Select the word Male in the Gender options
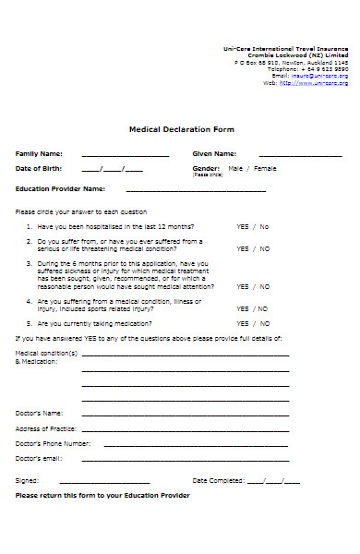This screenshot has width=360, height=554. pyautogui.click(x=235, y=169)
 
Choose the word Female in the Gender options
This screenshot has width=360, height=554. pyautogui.click(x=265, y=169)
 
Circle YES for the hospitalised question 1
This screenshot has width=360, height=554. pyautogui.click(x=243, y=226)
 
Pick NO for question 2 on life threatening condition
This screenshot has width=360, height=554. pyautogui.click(x=265, y=248)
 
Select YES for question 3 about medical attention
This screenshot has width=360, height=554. pyautogui.click(x=243, y=287)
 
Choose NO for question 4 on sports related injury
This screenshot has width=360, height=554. pyautogui.click(x=265, y=309)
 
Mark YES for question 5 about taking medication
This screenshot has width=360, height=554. pyautogui.click(x=243, y=324)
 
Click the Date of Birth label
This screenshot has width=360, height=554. pyautogui.click(x=39, y=169)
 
